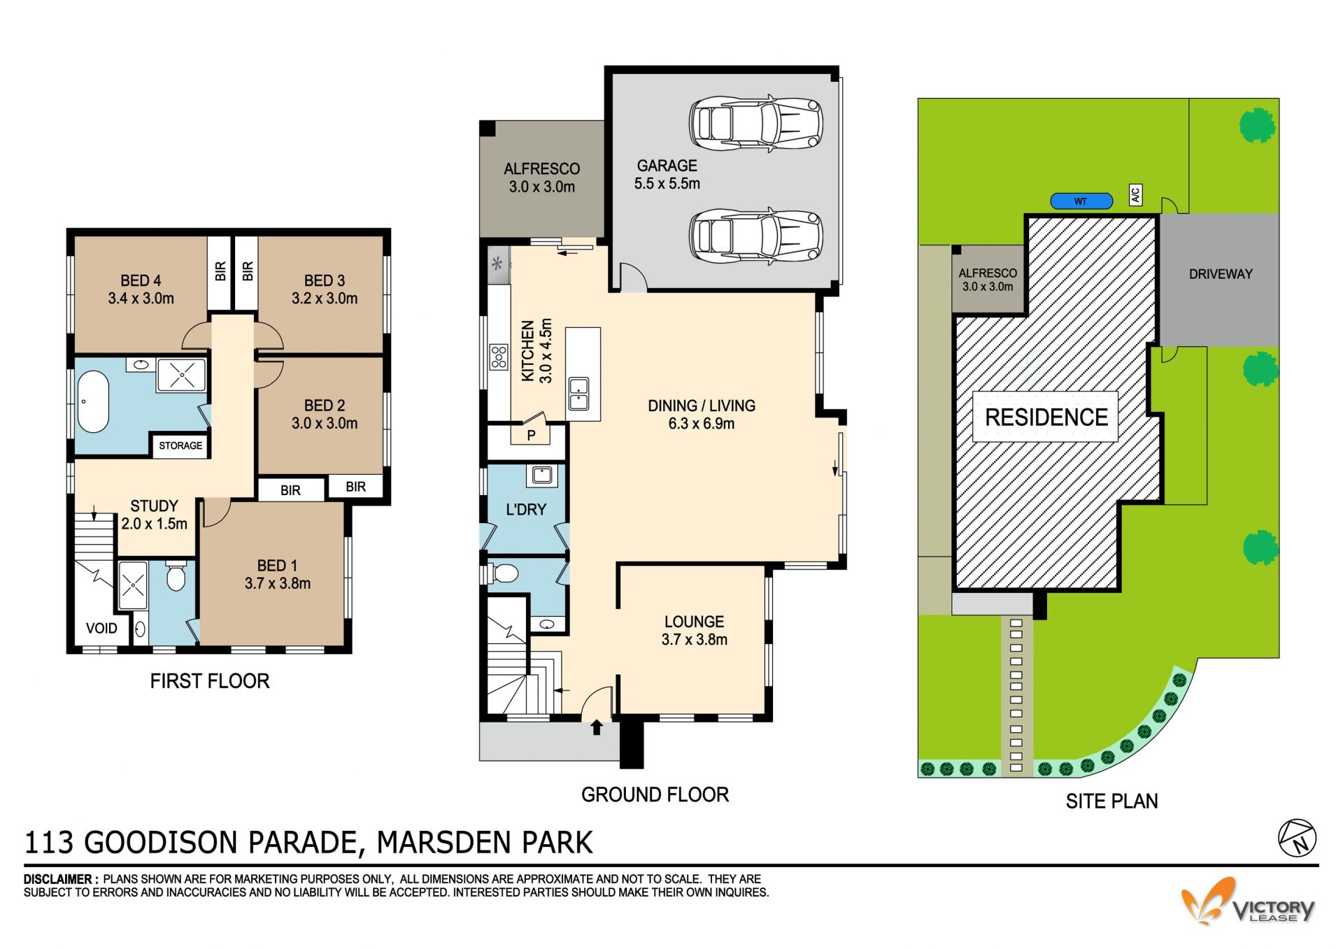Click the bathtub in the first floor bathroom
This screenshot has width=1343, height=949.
click(93, 402)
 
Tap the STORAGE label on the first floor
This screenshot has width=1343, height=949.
click(180, 445)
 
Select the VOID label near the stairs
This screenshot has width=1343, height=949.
click(101, 628)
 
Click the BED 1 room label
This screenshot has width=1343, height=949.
click(278, 574)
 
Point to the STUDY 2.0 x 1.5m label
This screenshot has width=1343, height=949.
click(155, 515)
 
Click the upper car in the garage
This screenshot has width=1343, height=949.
click(755, 123)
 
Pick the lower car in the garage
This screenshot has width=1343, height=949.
click(755, 236)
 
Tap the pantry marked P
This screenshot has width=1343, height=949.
click(531, 435)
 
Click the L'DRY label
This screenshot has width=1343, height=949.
click(526, 510)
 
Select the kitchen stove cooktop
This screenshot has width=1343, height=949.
click(499, 357)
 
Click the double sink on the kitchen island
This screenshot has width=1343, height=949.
click(578, 393)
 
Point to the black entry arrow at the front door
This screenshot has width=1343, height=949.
click(597, 727)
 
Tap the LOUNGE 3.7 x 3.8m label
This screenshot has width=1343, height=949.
click(695, 630)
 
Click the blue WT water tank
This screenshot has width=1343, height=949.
click(1081, 201)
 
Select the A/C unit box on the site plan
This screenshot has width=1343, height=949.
click(1136, 194)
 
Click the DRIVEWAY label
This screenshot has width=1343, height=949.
click(1221, 274)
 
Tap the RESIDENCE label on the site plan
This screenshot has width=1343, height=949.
click(1046, 418)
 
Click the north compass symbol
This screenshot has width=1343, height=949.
click(1298, 838)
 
